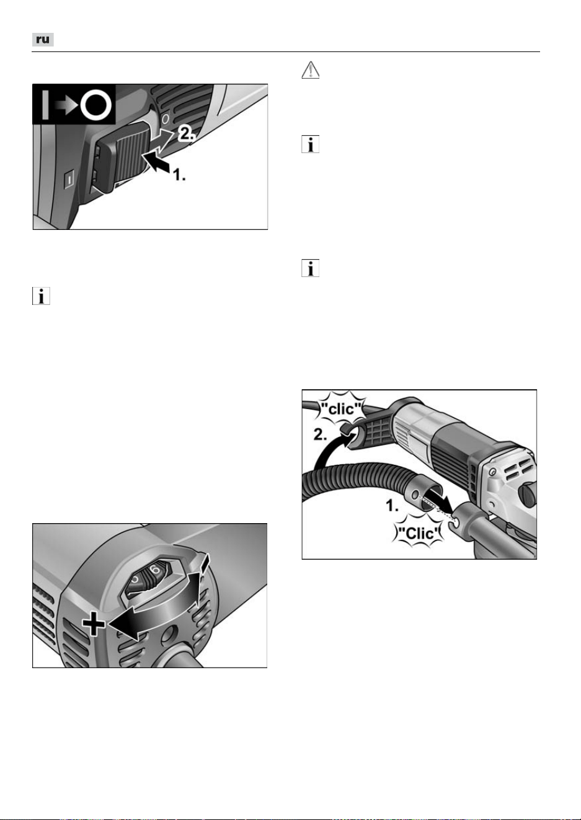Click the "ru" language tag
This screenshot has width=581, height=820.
43,40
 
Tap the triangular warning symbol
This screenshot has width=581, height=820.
310,70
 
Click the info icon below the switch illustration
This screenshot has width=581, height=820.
41,296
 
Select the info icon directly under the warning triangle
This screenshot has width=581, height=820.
310,144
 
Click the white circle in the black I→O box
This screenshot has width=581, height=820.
96,105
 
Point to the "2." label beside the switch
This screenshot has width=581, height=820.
187,134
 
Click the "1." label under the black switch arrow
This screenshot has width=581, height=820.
179,175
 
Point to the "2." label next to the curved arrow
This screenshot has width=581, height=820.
320,435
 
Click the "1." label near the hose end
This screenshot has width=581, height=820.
392,506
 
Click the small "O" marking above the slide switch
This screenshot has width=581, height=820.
165,118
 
